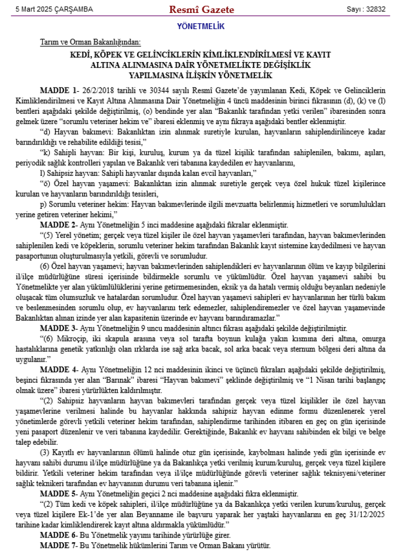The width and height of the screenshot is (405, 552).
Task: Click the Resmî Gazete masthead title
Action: point(201,9)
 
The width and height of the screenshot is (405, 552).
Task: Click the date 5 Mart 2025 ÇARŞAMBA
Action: point(55,10)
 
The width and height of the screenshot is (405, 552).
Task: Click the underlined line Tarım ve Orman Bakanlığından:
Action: point(90,42)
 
